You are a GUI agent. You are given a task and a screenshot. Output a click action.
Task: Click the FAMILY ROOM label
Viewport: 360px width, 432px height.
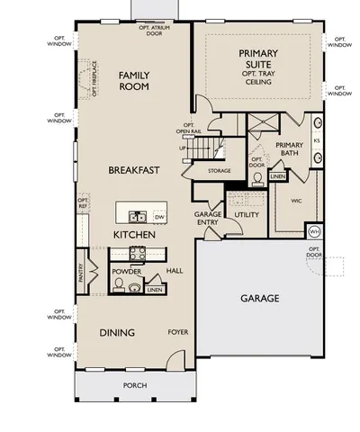coord(133,81)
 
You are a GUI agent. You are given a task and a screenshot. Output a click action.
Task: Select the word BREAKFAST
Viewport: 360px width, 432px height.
coord(134,169)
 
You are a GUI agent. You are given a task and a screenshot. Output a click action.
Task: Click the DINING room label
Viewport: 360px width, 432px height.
coord(117,333)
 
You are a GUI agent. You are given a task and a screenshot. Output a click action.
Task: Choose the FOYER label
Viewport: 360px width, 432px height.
coord(177,332)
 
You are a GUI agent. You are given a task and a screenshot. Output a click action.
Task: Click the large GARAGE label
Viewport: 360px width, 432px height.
coord(259,298)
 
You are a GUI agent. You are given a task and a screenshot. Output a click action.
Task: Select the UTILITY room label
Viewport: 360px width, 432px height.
coord(247,215)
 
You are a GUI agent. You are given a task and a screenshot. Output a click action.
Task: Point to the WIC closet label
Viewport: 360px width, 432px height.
coord(296,201)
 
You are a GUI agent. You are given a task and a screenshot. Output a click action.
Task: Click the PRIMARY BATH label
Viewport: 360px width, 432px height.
coord(289,149)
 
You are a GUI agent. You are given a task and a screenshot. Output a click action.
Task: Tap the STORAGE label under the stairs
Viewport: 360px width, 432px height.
coord(220,170)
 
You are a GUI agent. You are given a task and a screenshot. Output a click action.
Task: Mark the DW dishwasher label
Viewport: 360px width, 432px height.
coord(159,217)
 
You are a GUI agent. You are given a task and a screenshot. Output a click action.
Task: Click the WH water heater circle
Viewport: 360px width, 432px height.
coord(314,231)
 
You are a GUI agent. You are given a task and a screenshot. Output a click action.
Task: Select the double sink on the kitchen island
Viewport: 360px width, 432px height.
coord(139,217)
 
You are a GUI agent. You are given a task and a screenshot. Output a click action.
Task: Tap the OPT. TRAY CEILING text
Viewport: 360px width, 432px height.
coord(257,75)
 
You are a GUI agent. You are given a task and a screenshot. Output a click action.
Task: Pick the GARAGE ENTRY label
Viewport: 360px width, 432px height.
coord(208,219)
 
